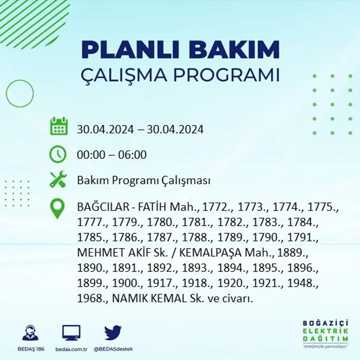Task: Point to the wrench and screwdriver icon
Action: [x=58, y=180]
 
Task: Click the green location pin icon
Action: [x=57, y=208]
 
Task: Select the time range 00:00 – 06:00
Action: [x=111, y=155]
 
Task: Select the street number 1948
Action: [x=304, y=283]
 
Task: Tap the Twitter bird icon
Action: [x=112, y=332]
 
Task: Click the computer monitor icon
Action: [x=71, y=333]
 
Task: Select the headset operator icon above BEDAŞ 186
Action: [x=30, y=333]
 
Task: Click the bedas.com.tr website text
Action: [x=71, y=349]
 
